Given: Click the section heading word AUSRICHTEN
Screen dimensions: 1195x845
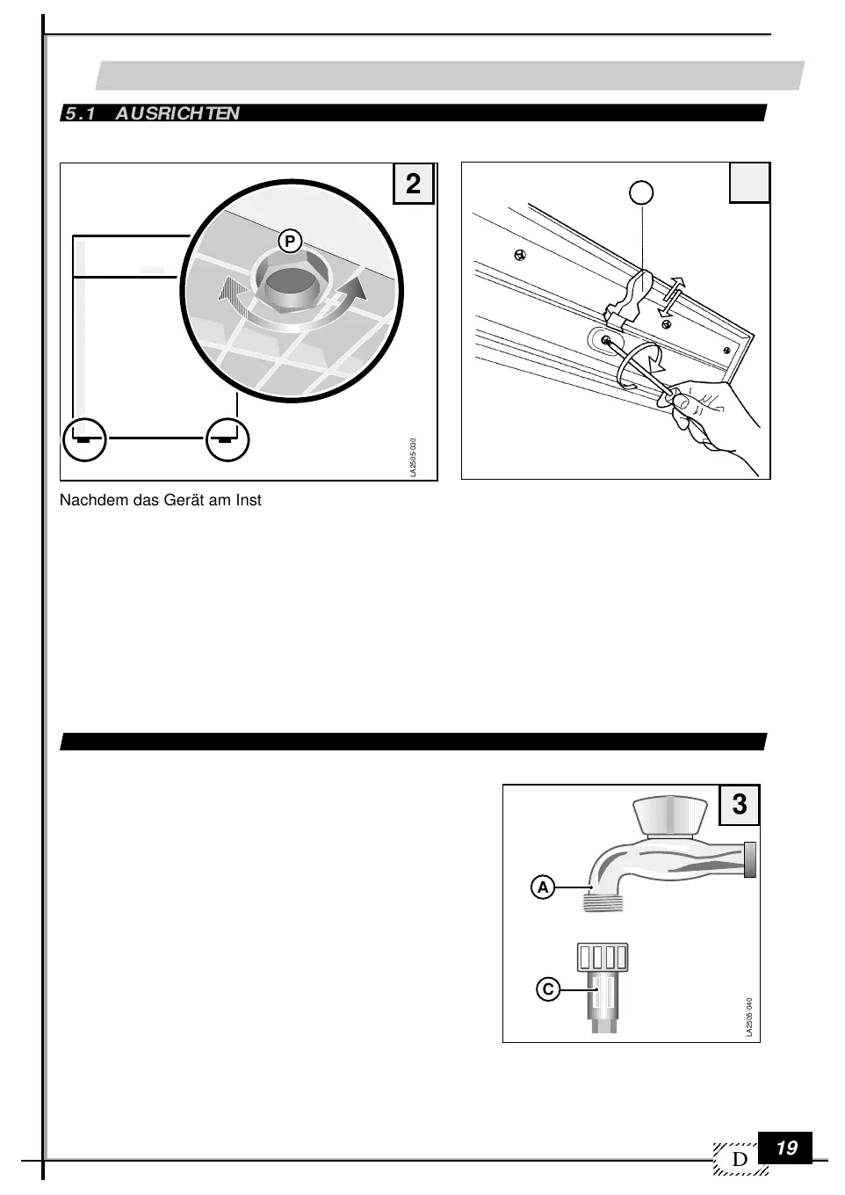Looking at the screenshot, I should pyautogui.click(x=177, y=113).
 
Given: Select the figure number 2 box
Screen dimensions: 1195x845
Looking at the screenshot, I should pyautogui.click(x=413, y=184).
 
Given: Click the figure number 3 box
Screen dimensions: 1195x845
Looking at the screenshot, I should pyautogui.click(x=740, y=804).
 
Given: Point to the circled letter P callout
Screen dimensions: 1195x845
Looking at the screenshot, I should pyautogui.click(x=289, y=241).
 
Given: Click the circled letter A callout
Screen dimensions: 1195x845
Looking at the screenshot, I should pyautogui.click(x=543, y=887).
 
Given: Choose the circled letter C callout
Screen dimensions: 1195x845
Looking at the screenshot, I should pyautogui.click(x=547, y=989).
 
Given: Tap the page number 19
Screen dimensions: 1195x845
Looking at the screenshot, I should pyautogui.click(x=786, y=1148).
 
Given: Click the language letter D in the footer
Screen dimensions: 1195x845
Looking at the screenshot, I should pyautogui.click(x=740, y=1161).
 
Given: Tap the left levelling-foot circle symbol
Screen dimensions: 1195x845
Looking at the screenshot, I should pyautogui.click(x=84, y=438).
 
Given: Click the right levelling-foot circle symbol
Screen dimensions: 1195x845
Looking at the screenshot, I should pyautogui.click(x=228, y=438).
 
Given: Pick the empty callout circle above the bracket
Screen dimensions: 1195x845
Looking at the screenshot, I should pyautogui.click(x=643, y=192).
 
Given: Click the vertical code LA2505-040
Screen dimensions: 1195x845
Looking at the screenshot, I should pyautogui.click(x=749, y=1018).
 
